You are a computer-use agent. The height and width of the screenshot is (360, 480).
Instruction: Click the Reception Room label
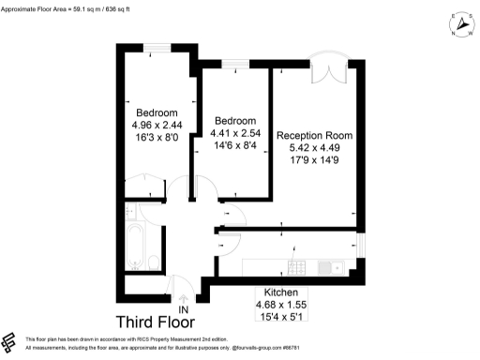[314, 136]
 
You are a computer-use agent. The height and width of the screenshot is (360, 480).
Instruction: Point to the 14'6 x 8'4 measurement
[230, 146]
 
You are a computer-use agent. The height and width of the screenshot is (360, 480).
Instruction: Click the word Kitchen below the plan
[281, 292]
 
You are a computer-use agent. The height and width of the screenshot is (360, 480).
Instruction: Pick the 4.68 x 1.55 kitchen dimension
[281, 305]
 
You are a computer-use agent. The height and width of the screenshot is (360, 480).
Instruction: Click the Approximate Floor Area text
[69, 7]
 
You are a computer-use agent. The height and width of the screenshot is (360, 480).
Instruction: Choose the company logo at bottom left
[10, 343]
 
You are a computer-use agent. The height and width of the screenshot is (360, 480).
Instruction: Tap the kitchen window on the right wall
[361, 246]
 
